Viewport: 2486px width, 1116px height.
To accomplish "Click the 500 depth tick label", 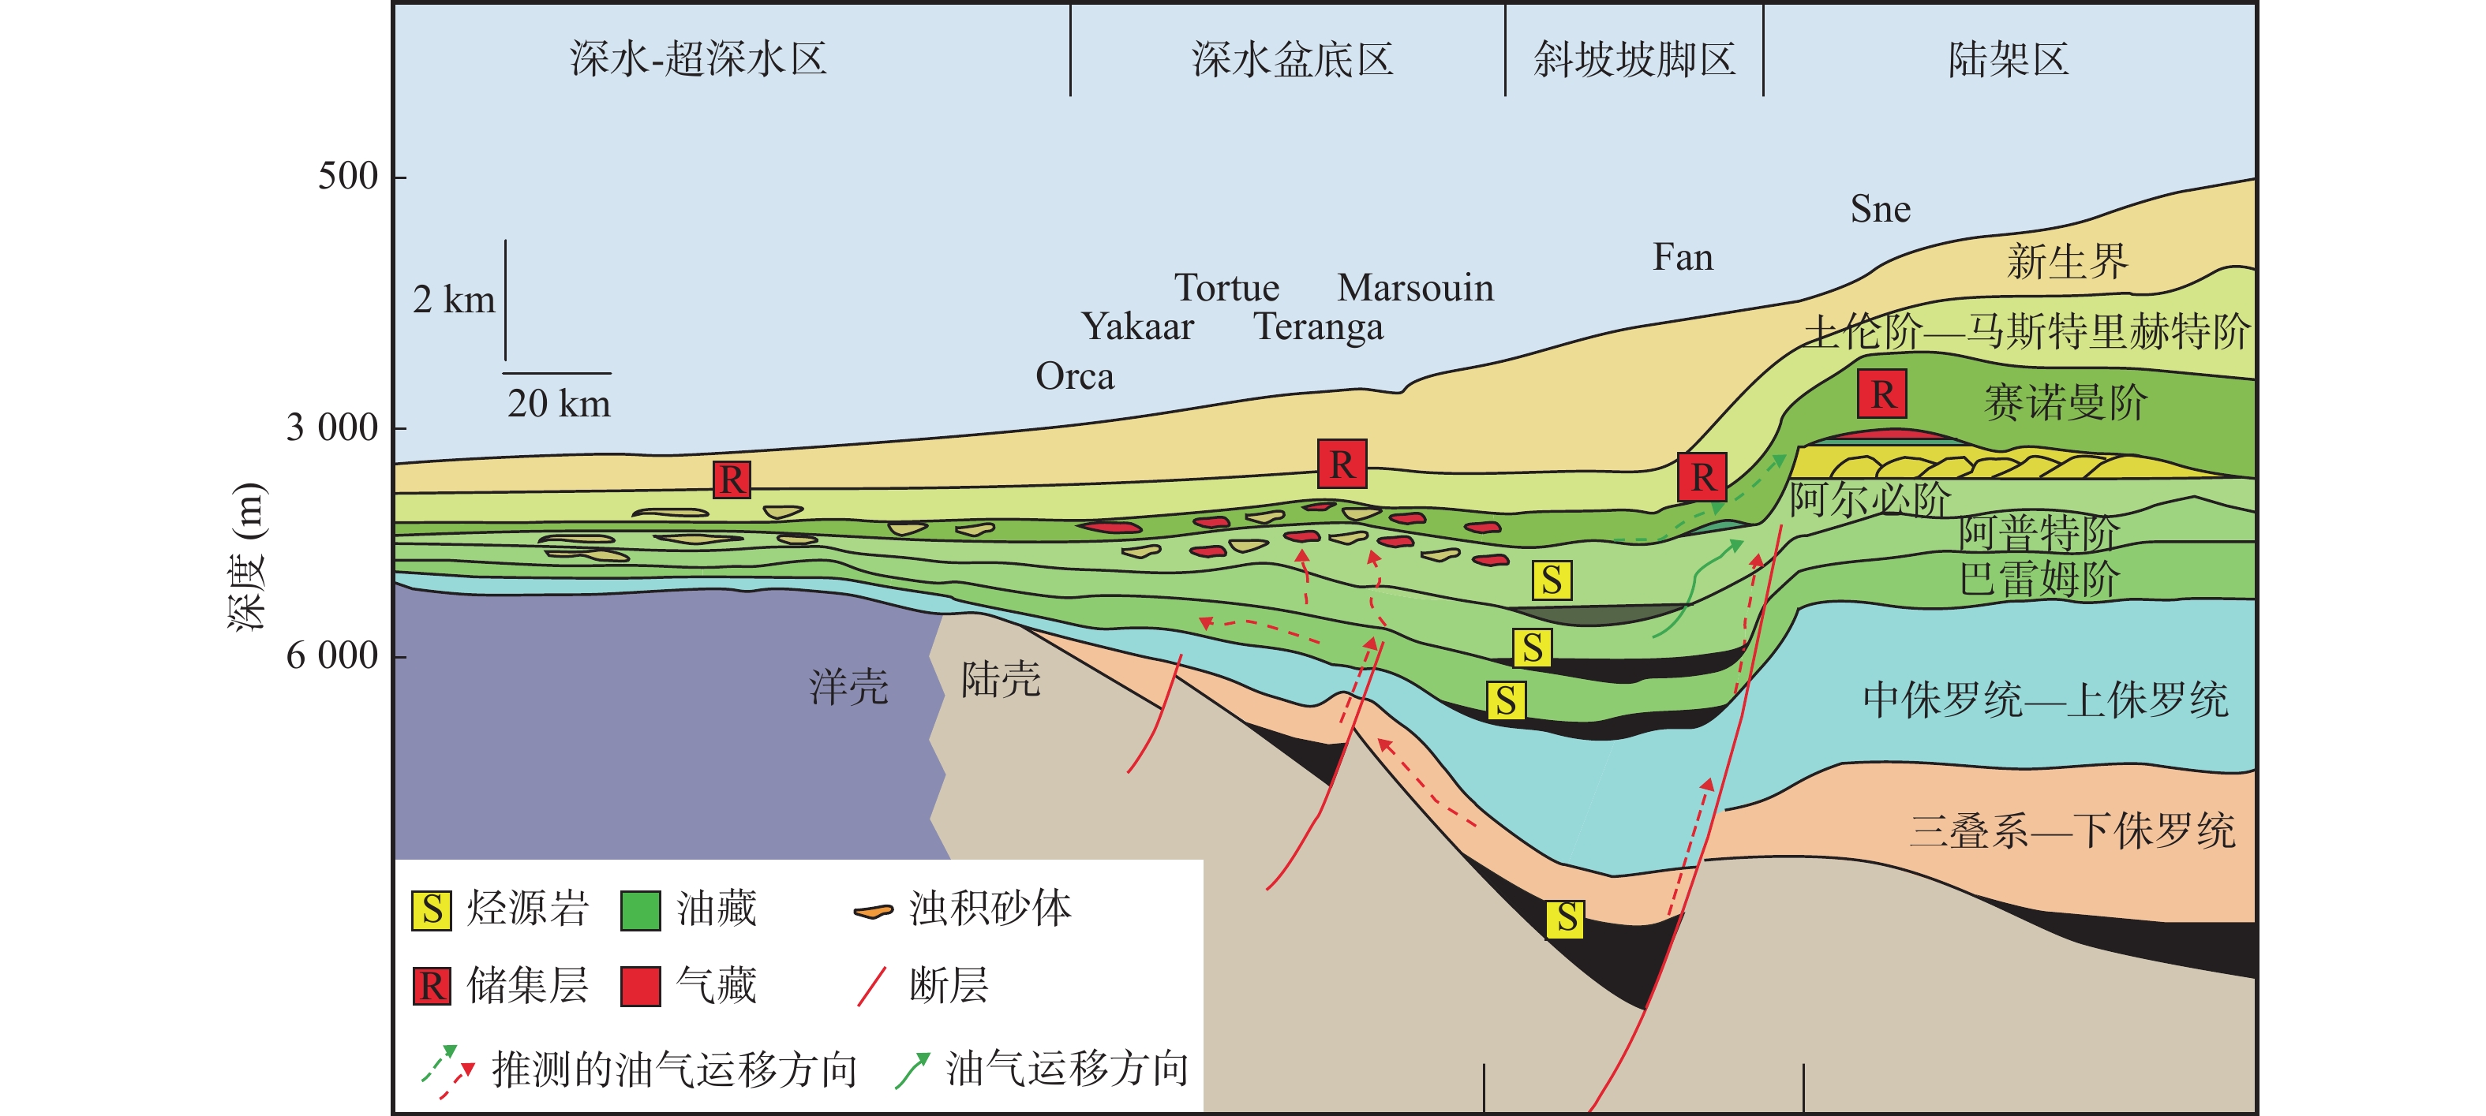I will pos(347,177).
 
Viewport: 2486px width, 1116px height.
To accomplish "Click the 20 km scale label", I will pos(559,403).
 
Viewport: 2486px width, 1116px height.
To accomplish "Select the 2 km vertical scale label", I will pos(454,300).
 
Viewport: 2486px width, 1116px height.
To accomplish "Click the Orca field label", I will pos(1074,376).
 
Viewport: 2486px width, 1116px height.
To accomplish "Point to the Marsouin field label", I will pos(1415,287).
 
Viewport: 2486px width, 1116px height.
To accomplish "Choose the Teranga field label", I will pos(1318,327).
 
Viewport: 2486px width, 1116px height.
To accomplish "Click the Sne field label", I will pos(1880,209).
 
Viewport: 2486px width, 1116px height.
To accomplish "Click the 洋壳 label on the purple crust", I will pos(848,687).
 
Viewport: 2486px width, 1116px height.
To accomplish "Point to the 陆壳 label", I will pos(1001,680).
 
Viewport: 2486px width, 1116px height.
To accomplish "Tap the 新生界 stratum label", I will pos(2066,261).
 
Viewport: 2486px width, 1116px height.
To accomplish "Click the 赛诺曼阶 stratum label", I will pos(2065,402).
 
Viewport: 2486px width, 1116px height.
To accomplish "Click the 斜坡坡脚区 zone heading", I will pos(1634,60).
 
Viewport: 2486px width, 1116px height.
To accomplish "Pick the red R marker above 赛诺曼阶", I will pos(1882,394).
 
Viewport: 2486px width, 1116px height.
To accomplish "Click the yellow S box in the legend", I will pos(432,909).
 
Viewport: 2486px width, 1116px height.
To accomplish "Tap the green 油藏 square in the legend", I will pos(640,909).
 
